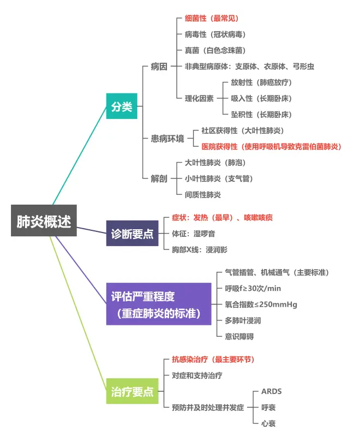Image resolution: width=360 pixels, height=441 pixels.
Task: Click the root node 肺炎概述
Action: pyautogui.click(x=44, y=221)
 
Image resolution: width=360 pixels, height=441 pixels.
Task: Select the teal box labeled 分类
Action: pyautogui.click(x=122, y=107)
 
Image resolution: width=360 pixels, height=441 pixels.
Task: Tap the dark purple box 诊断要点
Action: pyautogui.click(x=133, y=234)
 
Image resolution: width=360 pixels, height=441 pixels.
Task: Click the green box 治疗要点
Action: pyautogui.click(x=133, y=392)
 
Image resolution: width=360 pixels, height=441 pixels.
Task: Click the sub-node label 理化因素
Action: pyautogui.click(x=199, y=99)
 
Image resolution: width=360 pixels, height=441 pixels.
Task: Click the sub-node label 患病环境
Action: pyautogui.click(x=167, y=139)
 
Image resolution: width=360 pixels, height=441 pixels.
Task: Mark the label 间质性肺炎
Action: pyautogui.click(x=203, y=194)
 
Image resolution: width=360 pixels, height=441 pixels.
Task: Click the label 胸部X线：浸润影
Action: pyautogui.click(x=200, y=249)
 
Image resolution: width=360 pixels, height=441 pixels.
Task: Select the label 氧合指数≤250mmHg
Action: pyautogui.click(x=261, y=305)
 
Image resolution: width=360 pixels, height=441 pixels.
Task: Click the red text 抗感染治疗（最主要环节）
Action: pyautogui.click(x=213, y=360)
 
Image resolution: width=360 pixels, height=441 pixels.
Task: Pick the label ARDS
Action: pyautogui.click(x=272, y=391)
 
